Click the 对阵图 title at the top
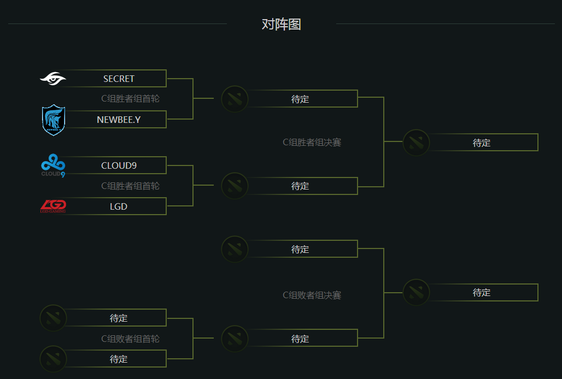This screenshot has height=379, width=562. (281, 25)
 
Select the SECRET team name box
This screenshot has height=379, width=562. (119, 79)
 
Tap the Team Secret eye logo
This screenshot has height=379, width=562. (53, 79)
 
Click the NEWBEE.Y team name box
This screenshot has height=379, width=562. (119, 120)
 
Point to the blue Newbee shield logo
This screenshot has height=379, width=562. (54, 120)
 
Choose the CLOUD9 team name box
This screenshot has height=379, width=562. (119, 165)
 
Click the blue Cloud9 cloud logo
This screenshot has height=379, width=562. (54, 165)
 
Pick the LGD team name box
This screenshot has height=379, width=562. (119, 206)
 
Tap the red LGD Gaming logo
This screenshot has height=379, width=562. (54, 206)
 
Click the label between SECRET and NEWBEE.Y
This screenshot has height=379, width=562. (130, 99)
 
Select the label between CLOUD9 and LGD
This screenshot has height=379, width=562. (130, 186)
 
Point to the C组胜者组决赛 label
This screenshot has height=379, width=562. (312, 143)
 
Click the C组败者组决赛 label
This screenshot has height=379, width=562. (312, 295)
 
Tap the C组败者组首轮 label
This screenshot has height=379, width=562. (130, 339)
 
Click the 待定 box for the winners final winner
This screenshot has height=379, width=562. (482, 143)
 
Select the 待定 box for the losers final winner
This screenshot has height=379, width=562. (482, 293)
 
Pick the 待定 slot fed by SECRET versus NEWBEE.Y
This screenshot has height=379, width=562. (300, 99)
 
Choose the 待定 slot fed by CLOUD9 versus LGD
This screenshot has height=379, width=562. (300, 186)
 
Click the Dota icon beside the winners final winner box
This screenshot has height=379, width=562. (416, 143)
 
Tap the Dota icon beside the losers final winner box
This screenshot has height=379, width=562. (416, 293)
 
